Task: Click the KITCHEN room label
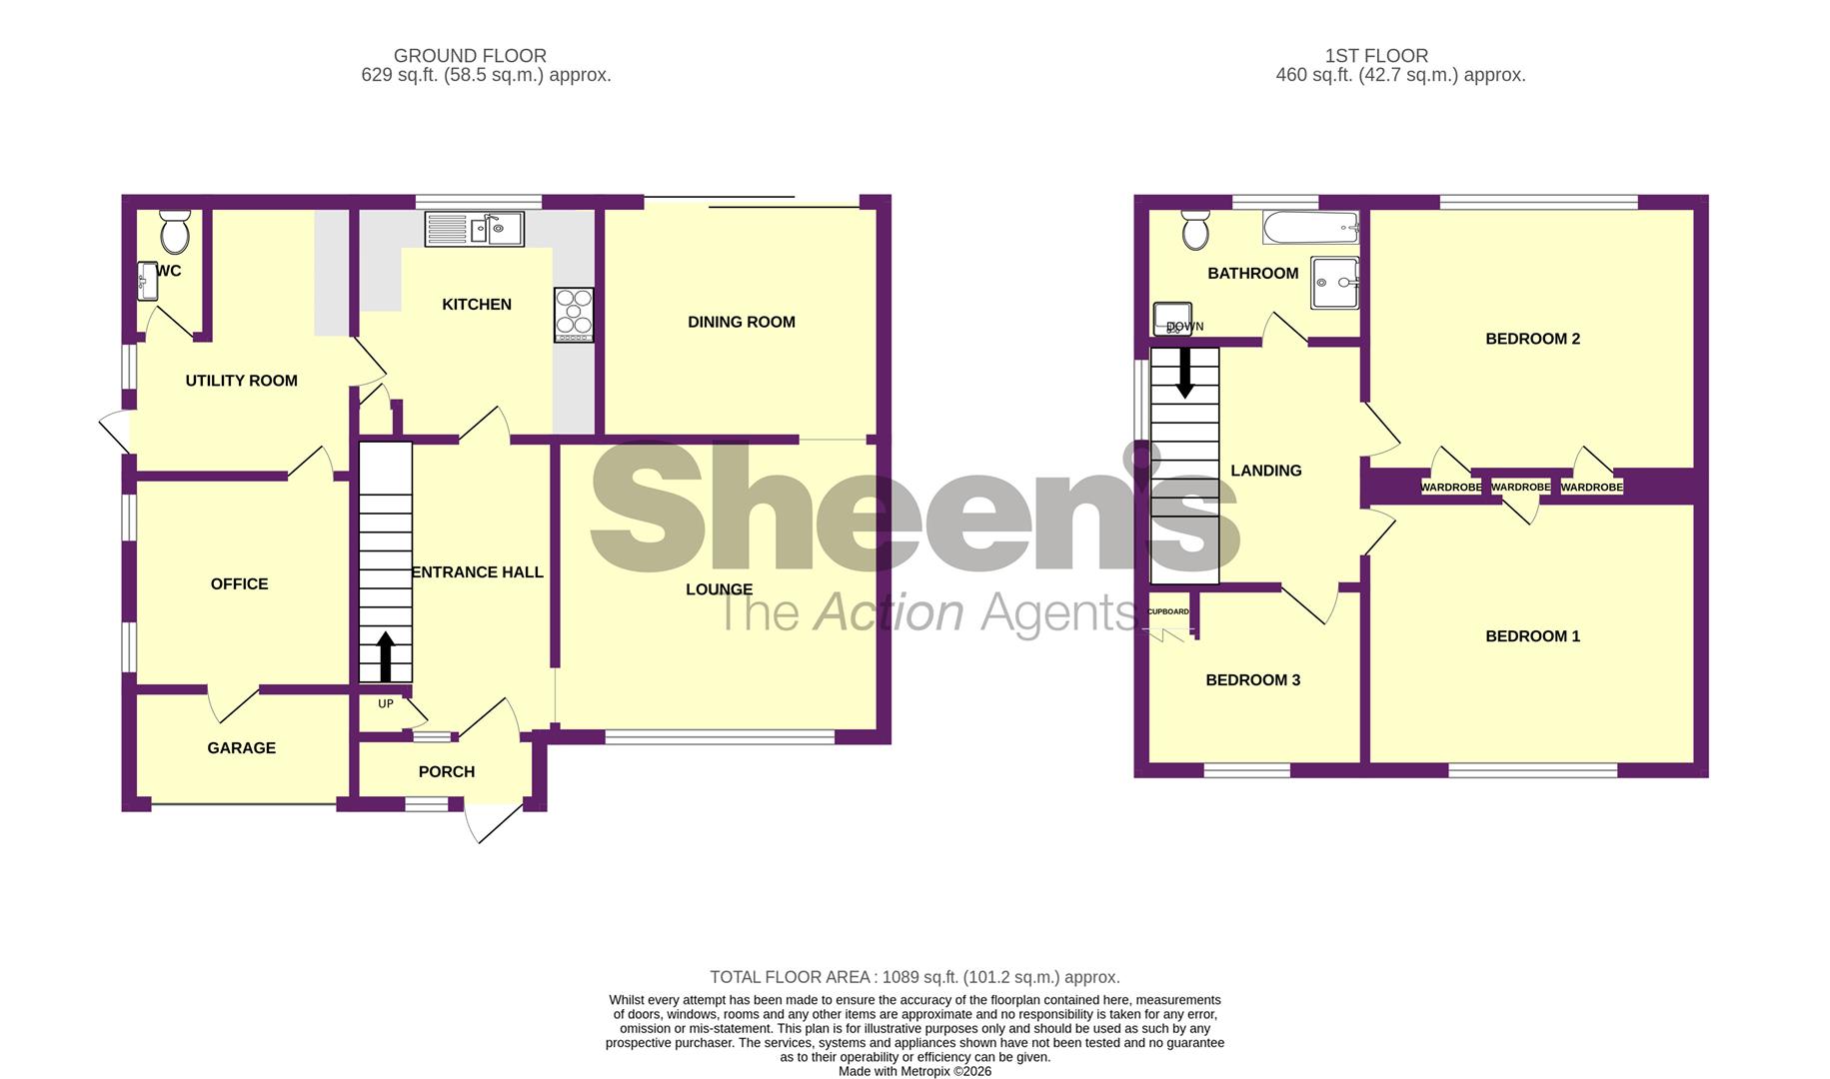(477, 305)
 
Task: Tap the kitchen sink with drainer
(475, 229)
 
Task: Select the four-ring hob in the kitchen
(574, 314)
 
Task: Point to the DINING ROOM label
(741, 322)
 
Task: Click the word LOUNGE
(719, 589)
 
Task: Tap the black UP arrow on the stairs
(385, 656)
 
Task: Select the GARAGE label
(241, 748)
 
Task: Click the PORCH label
(446, 772)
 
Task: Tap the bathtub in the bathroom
(1310, 228)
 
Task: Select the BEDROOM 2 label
(1532, 339)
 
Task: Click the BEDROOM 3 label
(1252, 680)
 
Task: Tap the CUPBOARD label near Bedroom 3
(1168, 611)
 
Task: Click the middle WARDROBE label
(1520, 488)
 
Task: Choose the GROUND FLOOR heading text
(470, 56)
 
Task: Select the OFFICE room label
(239, 584)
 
